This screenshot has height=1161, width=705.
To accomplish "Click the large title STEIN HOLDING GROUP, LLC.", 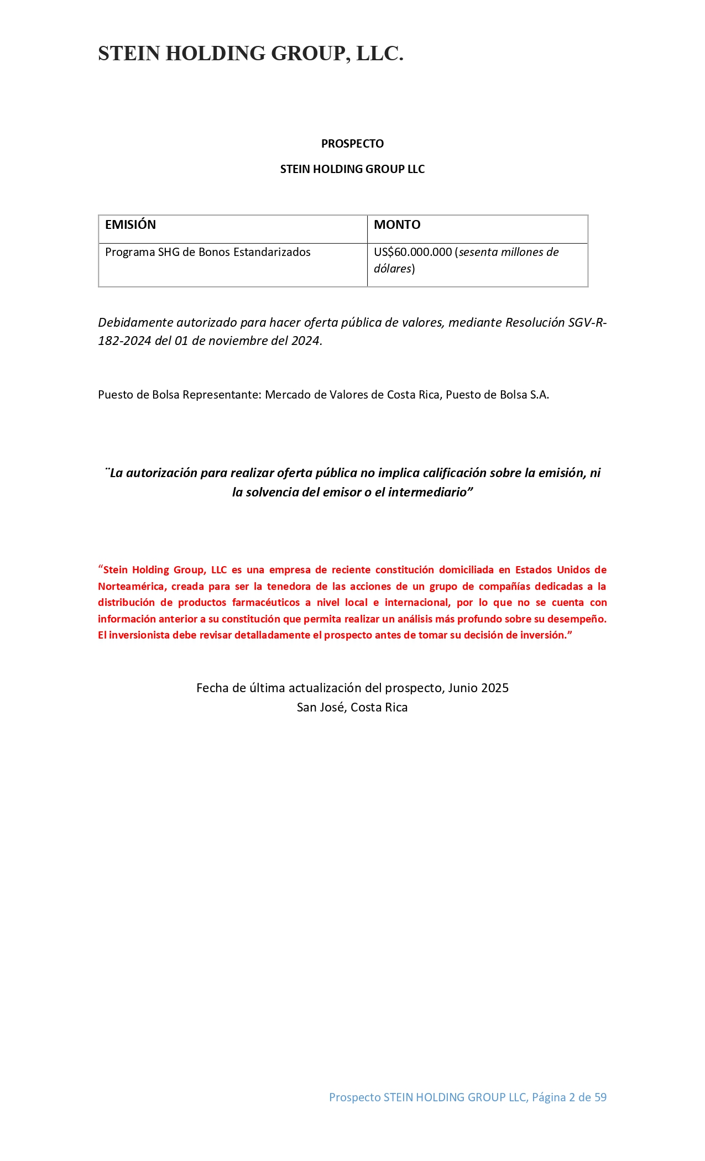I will (250, 54).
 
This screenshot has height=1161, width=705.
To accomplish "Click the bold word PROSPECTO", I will (352, 144).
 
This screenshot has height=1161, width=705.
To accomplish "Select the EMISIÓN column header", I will (130, 224).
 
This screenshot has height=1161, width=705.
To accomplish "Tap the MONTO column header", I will (397, 224).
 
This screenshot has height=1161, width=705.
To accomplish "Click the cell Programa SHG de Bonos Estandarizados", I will (207, 252).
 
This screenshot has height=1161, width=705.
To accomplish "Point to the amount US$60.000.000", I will (412, 252).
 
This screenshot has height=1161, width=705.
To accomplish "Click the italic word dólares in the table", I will (392, 269).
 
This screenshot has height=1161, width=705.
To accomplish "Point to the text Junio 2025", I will (478, 688).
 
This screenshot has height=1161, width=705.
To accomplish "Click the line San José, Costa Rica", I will (352, 707).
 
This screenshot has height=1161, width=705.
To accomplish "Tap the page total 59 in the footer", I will (600, 1097).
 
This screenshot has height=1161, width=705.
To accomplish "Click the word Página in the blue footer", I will (549, 1097).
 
